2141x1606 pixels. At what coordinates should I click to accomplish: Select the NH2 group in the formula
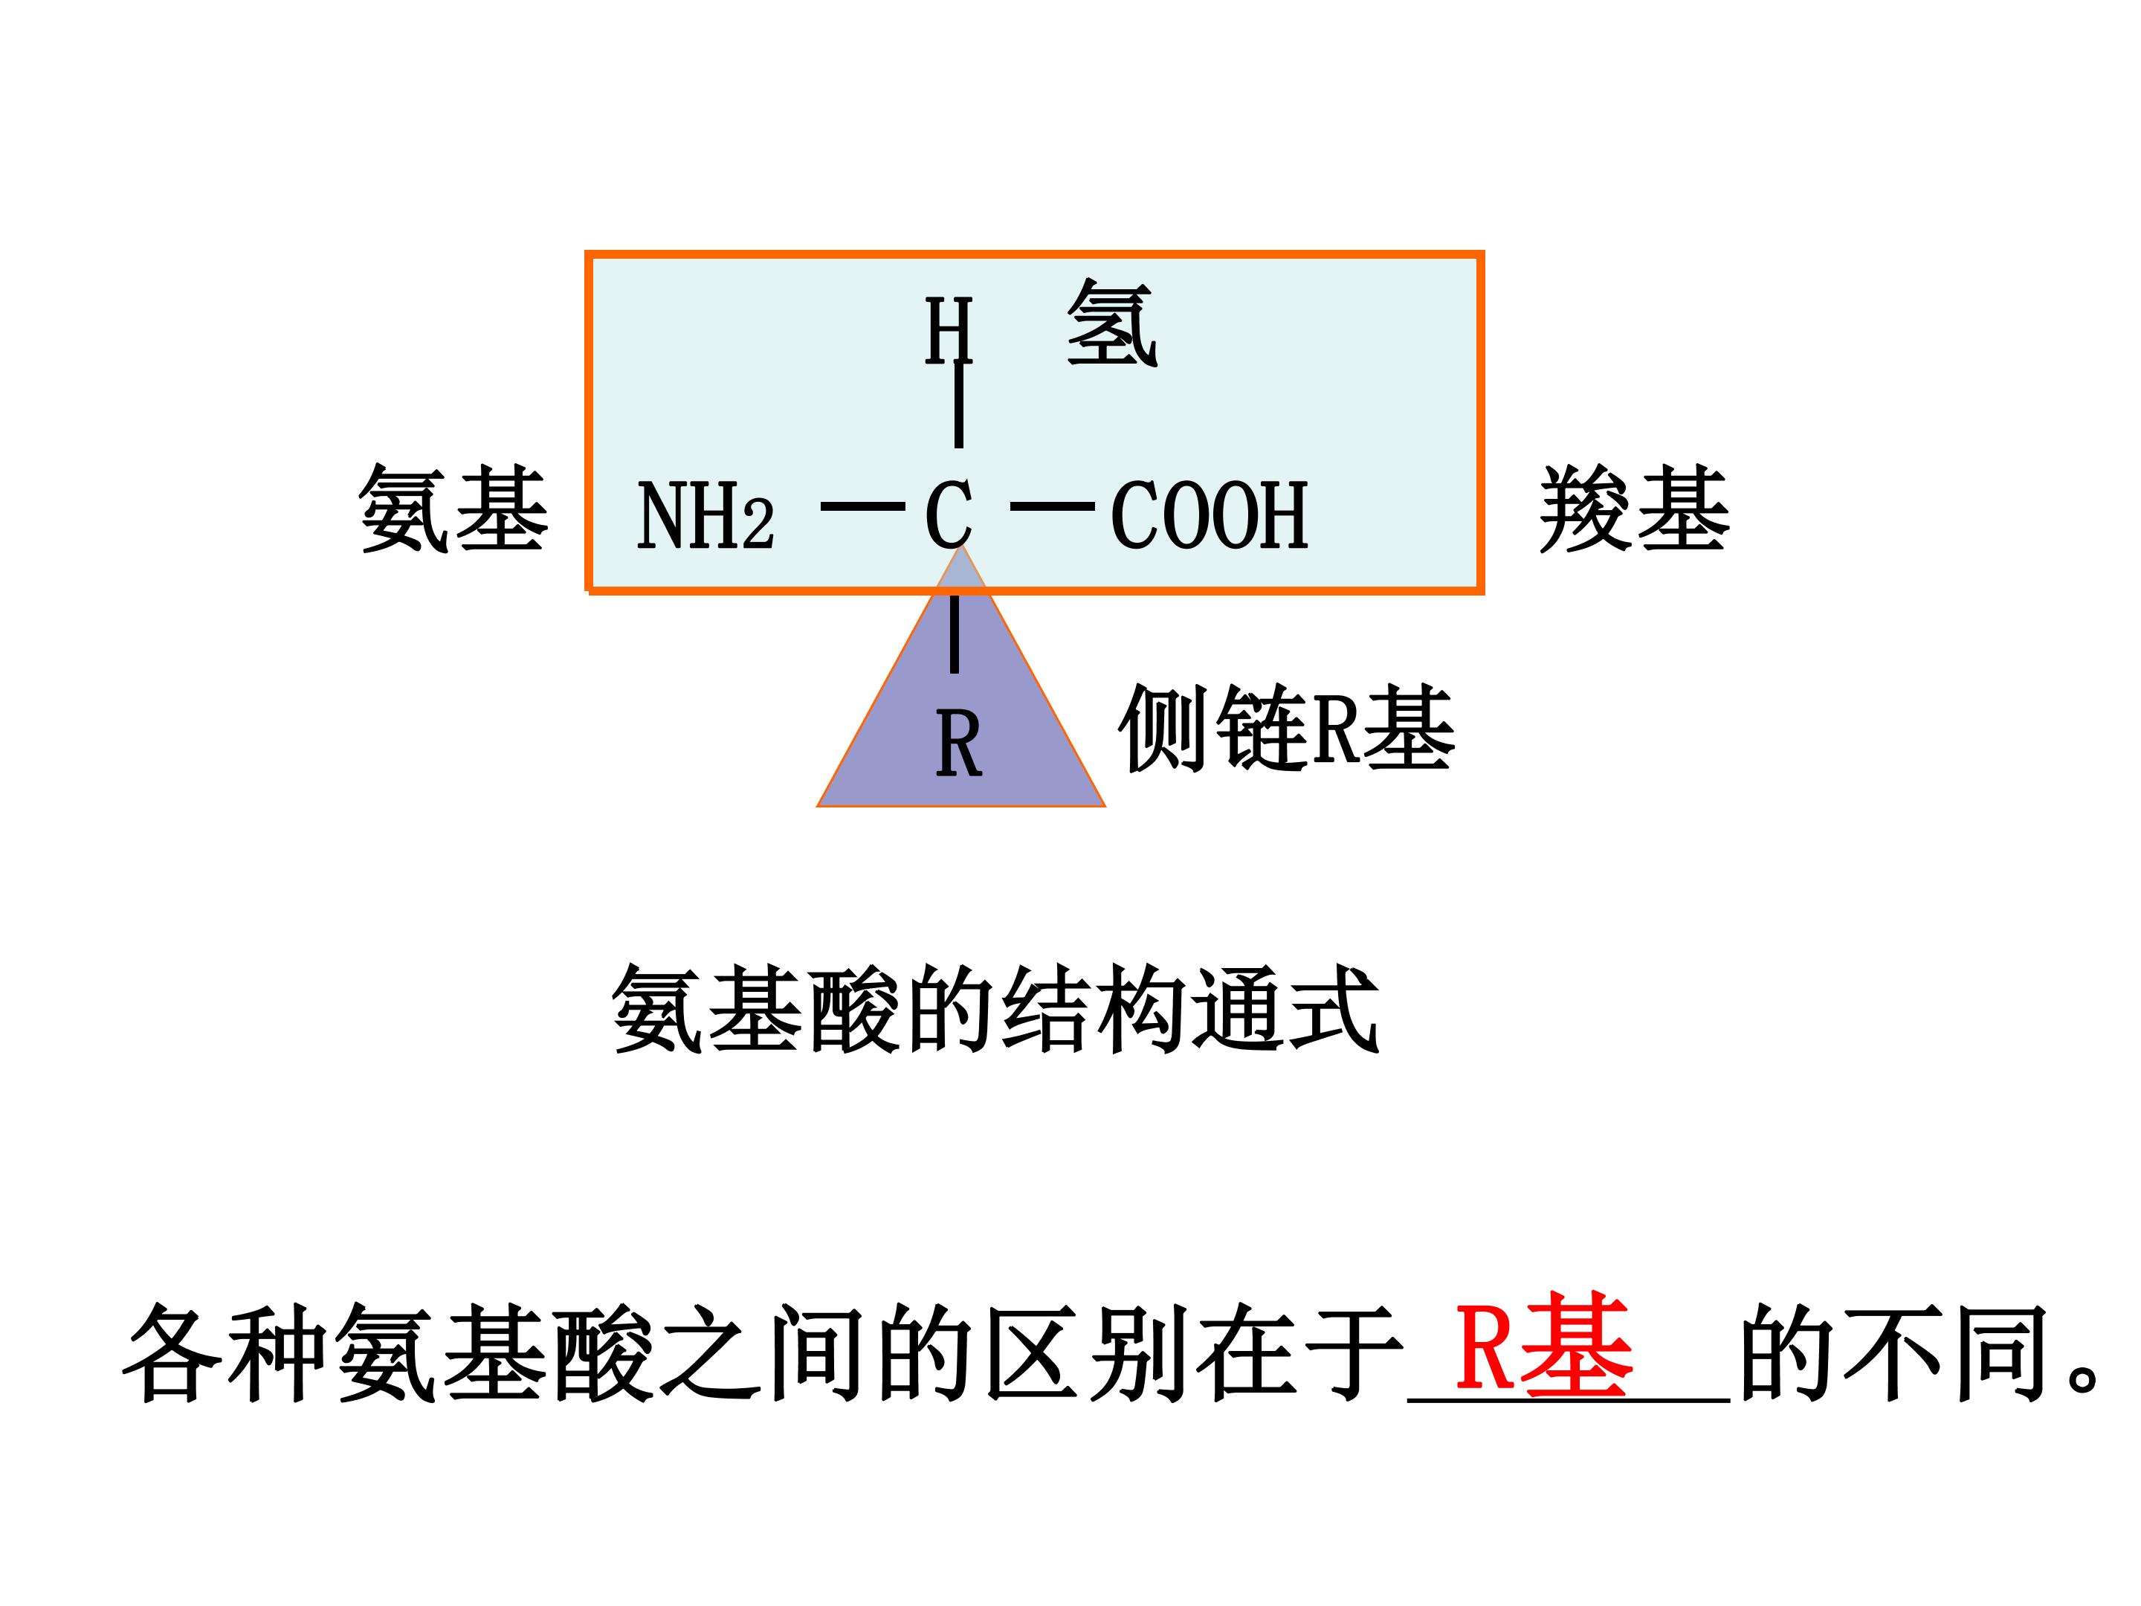click(x=705, y=515)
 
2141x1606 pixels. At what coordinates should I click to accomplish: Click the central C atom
click(x=949, y=515)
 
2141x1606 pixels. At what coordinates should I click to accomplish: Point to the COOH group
click(x=1210, y=515)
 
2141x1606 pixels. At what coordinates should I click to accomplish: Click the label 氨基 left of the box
click(x=453, y=509)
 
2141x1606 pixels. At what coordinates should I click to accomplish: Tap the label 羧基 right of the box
click(x=1634, y=509)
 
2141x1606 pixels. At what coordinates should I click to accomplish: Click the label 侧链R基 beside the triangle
click(x=1286, y=728)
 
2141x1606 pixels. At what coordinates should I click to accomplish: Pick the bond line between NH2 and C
click(x=862, y=506)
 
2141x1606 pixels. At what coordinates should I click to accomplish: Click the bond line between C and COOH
click(x=1052, y=506)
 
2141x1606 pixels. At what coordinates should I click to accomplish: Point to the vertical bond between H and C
click(x=958, y=404)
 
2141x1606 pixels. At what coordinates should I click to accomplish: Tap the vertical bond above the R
click(x=955, y=634)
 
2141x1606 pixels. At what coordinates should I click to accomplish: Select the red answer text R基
click(x=1545, y=1344)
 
